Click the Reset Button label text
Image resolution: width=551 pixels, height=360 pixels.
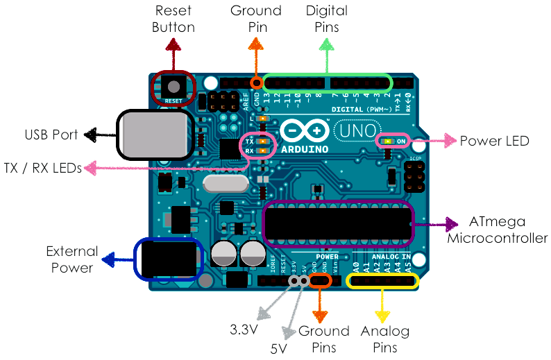[173, 19]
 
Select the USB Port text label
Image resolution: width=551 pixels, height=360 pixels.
[51, 134]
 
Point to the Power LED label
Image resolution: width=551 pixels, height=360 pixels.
[494, 141]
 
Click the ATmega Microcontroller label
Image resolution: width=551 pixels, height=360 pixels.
[497, 230]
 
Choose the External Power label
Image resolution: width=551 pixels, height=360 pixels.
[72, 259]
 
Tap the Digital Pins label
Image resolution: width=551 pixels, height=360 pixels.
[327, 19]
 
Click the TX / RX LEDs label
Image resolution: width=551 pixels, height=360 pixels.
[42, 167]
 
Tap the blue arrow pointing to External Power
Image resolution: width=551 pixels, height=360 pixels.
[119, 260]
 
